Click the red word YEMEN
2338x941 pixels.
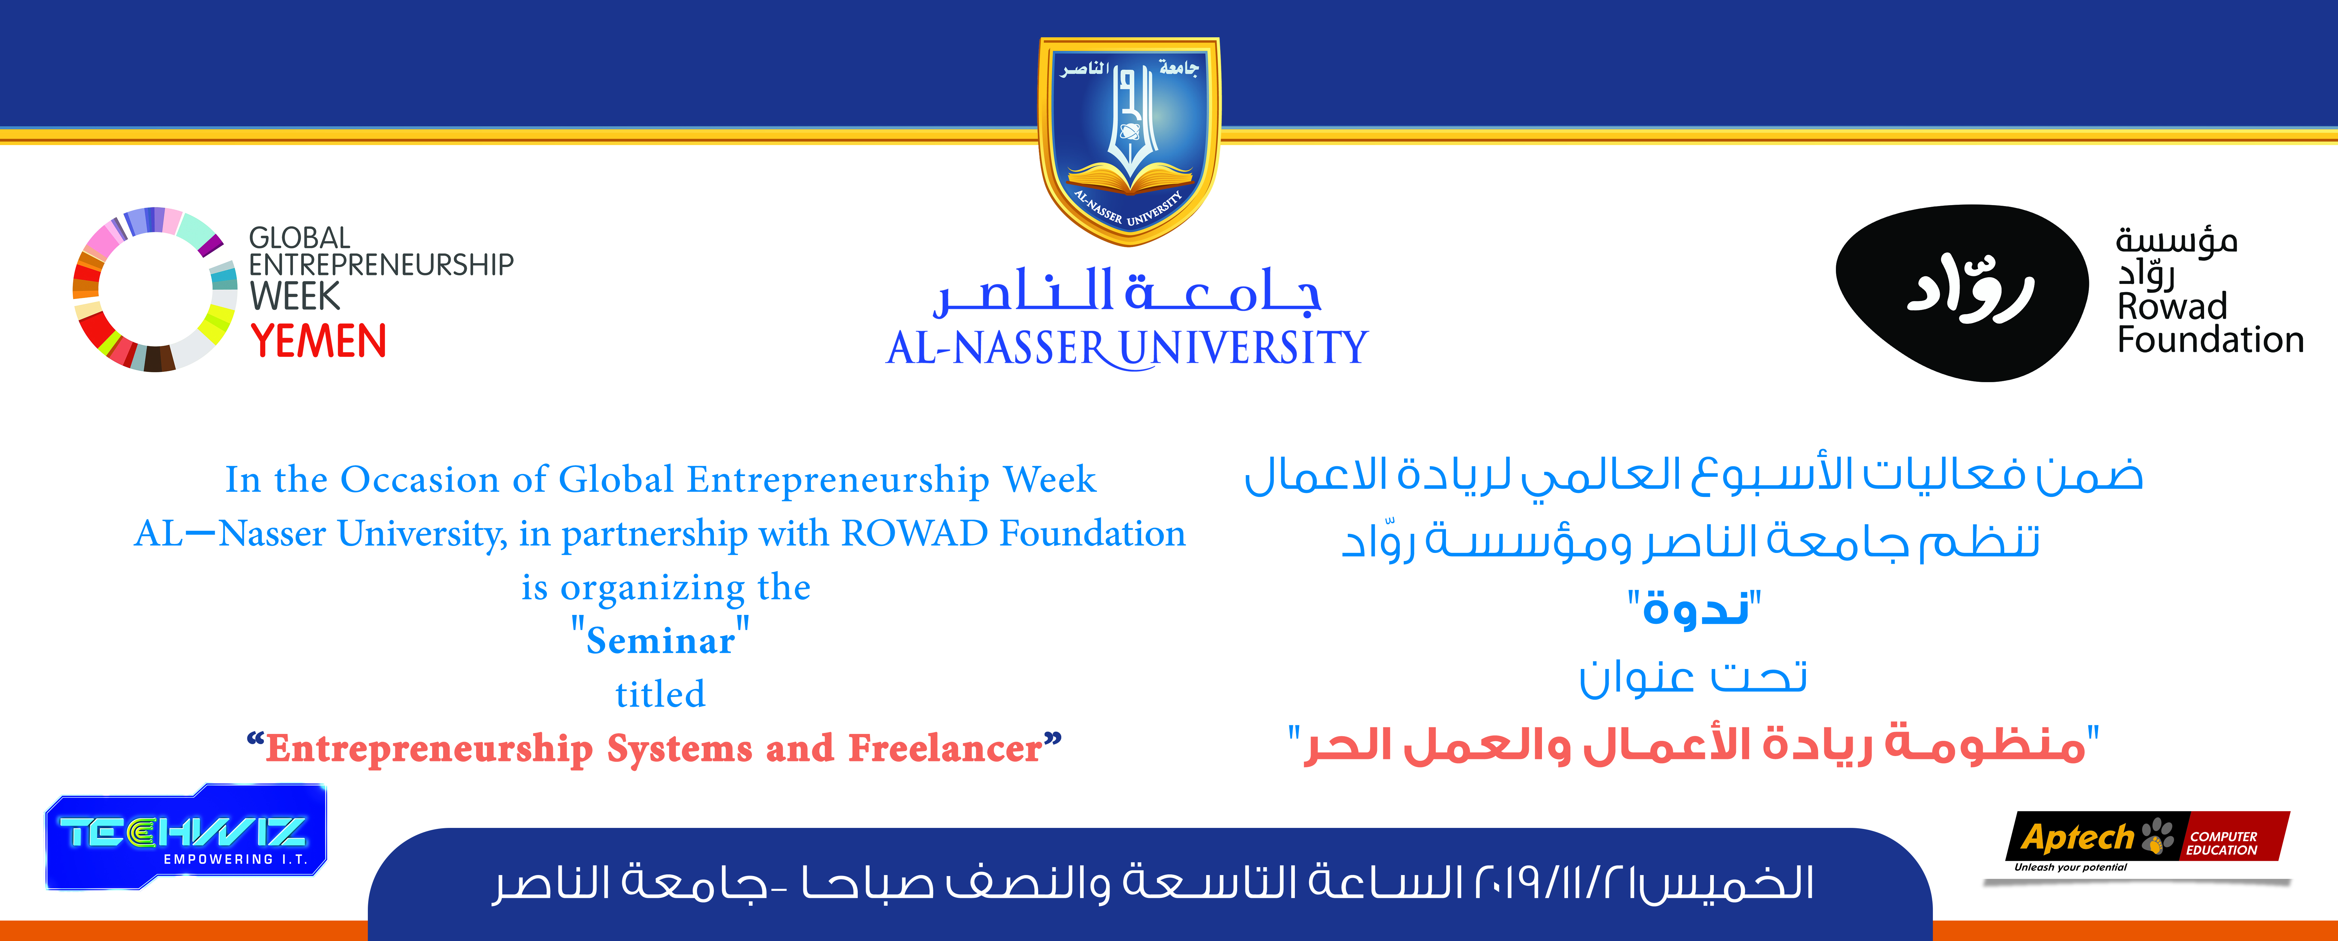(319, 341)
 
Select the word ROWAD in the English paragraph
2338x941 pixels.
(915, 533)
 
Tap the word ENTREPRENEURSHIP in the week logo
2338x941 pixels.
(381, 265)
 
